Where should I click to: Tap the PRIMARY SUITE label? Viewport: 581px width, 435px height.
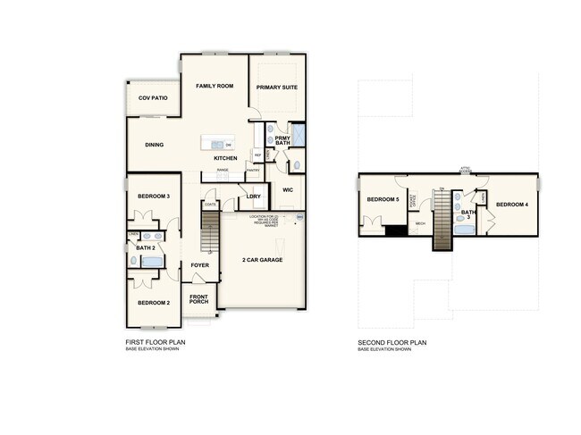pos(276,88)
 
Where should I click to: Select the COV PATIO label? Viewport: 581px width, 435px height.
pos(153,97)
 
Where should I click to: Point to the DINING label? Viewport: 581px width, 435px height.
pos(154,144)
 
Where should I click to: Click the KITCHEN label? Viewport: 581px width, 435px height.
pos(225,158)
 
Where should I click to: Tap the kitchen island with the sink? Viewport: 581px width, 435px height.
pos(218,144)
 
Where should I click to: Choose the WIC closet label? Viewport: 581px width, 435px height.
pos(288,189)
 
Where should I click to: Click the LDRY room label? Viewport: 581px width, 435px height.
pos(253,196)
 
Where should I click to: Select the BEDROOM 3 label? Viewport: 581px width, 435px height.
pos(154,195)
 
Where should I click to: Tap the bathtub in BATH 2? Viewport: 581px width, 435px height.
pos(153,262)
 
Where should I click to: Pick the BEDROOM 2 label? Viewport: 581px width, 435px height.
pos(154,303)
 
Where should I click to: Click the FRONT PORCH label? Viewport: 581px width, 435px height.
pos(198,298)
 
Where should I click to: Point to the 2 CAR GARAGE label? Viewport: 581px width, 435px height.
pos(263,260)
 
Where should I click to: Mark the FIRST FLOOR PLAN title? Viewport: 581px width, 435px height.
pos(158,342)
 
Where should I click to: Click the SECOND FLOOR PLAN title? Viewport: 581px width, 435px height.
pos(393,342)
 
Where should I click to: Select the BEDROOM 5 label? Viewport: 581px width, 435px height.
pos(383,199)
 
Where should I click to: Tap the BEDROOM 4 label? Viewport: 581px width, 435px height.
pos(513,205)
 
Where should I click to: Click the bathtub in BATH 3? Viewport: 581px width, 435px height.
pos(463,229)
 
